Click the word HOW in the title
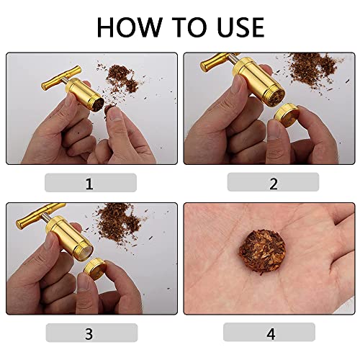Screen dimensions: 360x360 (x=130, y=27)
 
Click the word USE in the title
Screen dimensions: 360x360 (x=240, y=27)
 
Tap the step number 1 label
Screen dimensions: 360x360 (x=89, y=184)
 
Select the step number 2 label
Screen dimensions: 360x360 (x=274, y=184)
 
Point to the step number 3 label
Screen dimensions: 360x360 (x=89, y=333)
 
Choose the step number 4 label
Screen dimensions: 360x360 (x=271, y=333)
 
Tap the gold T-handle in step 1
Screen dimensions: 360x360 (x=61, y=78)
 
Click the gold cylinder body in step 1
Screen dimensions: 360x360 (x=84, y=94)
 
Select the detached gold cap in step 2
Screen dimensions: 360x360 (x=287, y=115)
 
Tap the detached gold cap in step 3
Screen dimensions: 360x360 (x=95, y=269)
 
